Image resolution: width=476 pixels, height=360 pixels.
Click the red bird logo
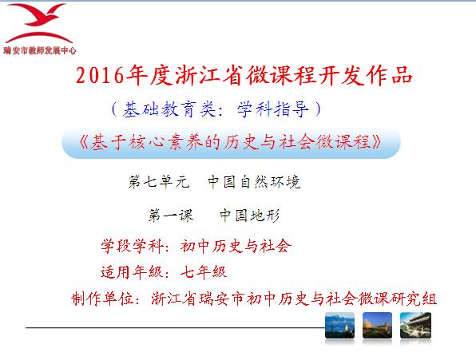point(38,23)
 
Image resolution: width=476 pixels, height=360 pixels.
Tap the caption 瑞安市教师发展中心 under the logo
point(40,50)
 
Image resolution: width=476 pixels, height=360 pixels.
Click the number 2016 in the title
point(100,75)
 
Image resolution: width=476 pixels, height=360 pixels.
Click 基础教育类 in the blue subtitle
point(169,109)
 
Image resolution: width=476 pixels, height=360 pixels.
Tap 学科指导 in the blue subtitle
point(273,109)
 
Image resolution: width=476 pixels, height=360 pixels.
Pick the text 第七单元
point(159,182)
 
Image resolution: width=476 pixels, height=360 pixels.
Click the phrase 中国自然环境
point(254,182)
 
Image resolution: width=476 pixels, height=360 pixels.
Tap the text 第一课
point(171,216)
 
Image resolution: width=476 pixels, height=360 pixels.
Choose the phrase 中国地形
point(249,216)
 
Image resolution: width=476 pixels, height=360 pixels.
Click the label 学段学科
point(133,246)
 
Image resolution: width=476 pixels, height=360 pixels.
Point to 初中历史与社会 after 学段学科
point(236,246)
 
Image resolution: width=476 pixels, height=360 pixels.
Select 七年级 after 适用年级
point(204,272)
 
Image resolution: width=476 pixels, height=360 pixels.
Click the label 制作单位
point(103,299)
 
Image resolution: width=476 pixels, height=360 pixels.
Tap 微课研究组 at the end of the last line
point(397,299)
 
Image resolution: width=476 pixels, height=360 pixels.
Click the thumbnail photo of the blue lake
point(339,325)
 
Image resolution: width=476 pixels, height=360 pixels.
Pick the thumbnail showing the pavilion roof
point(415,325)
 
